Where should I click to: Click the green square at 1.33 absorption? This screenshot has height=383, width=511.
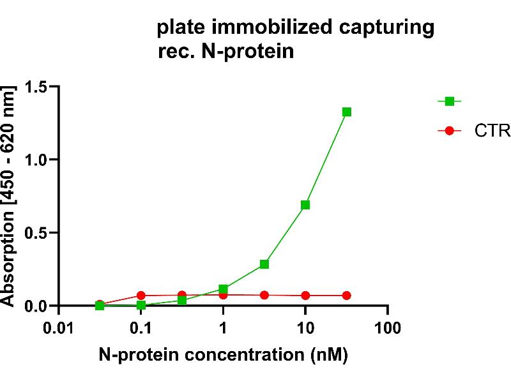tap(347, 112)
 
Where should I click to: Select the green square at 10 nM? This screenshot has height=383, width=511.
tap(305, 205)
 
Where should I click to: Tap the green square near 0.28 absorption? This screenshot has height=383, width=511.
tap(264, 264)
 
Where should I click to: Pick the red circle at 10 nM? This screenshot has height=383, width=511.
tap(305, 296)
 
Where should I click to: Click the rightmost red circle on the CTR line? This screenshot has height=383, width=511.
tap(347, 296)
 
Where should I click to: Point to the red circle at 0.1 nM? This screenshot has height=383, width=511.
tap(141, 296)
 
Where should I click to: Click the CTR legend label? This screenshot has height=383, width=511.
tap(492, 131)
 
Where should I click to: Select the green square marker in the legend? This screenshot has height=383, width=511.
tap(449, 101)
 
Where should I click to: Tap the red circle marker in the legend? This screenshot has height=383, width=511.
tap(449, 131)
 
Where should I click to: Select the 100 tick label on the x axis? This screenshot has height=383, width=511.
tap(387, 329)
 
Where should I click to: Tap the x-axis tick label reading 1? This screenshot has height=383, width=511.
tap(223, 329)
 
